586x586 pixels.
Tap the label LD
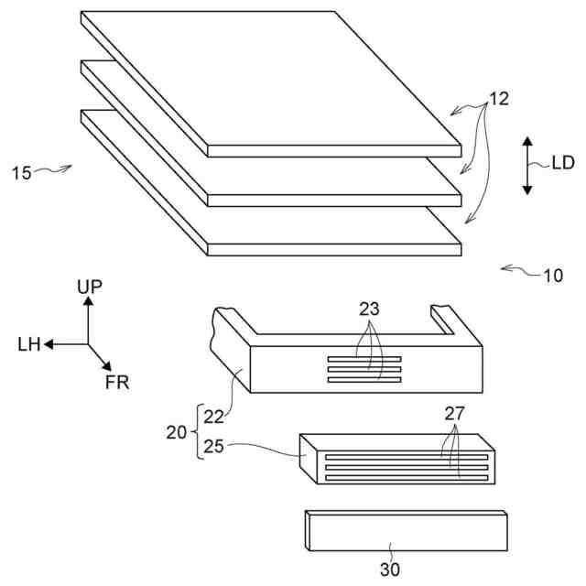(x=562, y=164)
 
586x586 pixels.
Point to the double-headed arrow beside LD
(x=527, y=165)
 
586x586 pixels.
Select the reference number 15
(x=23, y=172)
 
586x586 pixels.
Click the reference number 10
(x=553, y=274)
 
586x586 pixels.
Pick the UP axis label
(x=90, y=288)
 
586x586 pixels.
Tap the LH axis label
(x=27, y=344)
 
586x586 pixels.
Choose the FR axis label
(x=117, y=382)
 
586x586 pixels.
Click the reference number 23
(x=369, y=309)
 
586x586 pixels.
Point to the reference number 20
(x=178, y=431)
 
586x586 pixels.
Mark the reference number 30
(x=390, y=570)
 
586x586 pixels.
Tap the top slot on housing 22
(x=364, y=358)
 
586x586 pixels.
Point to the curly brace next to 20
(x=193, y=431)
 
